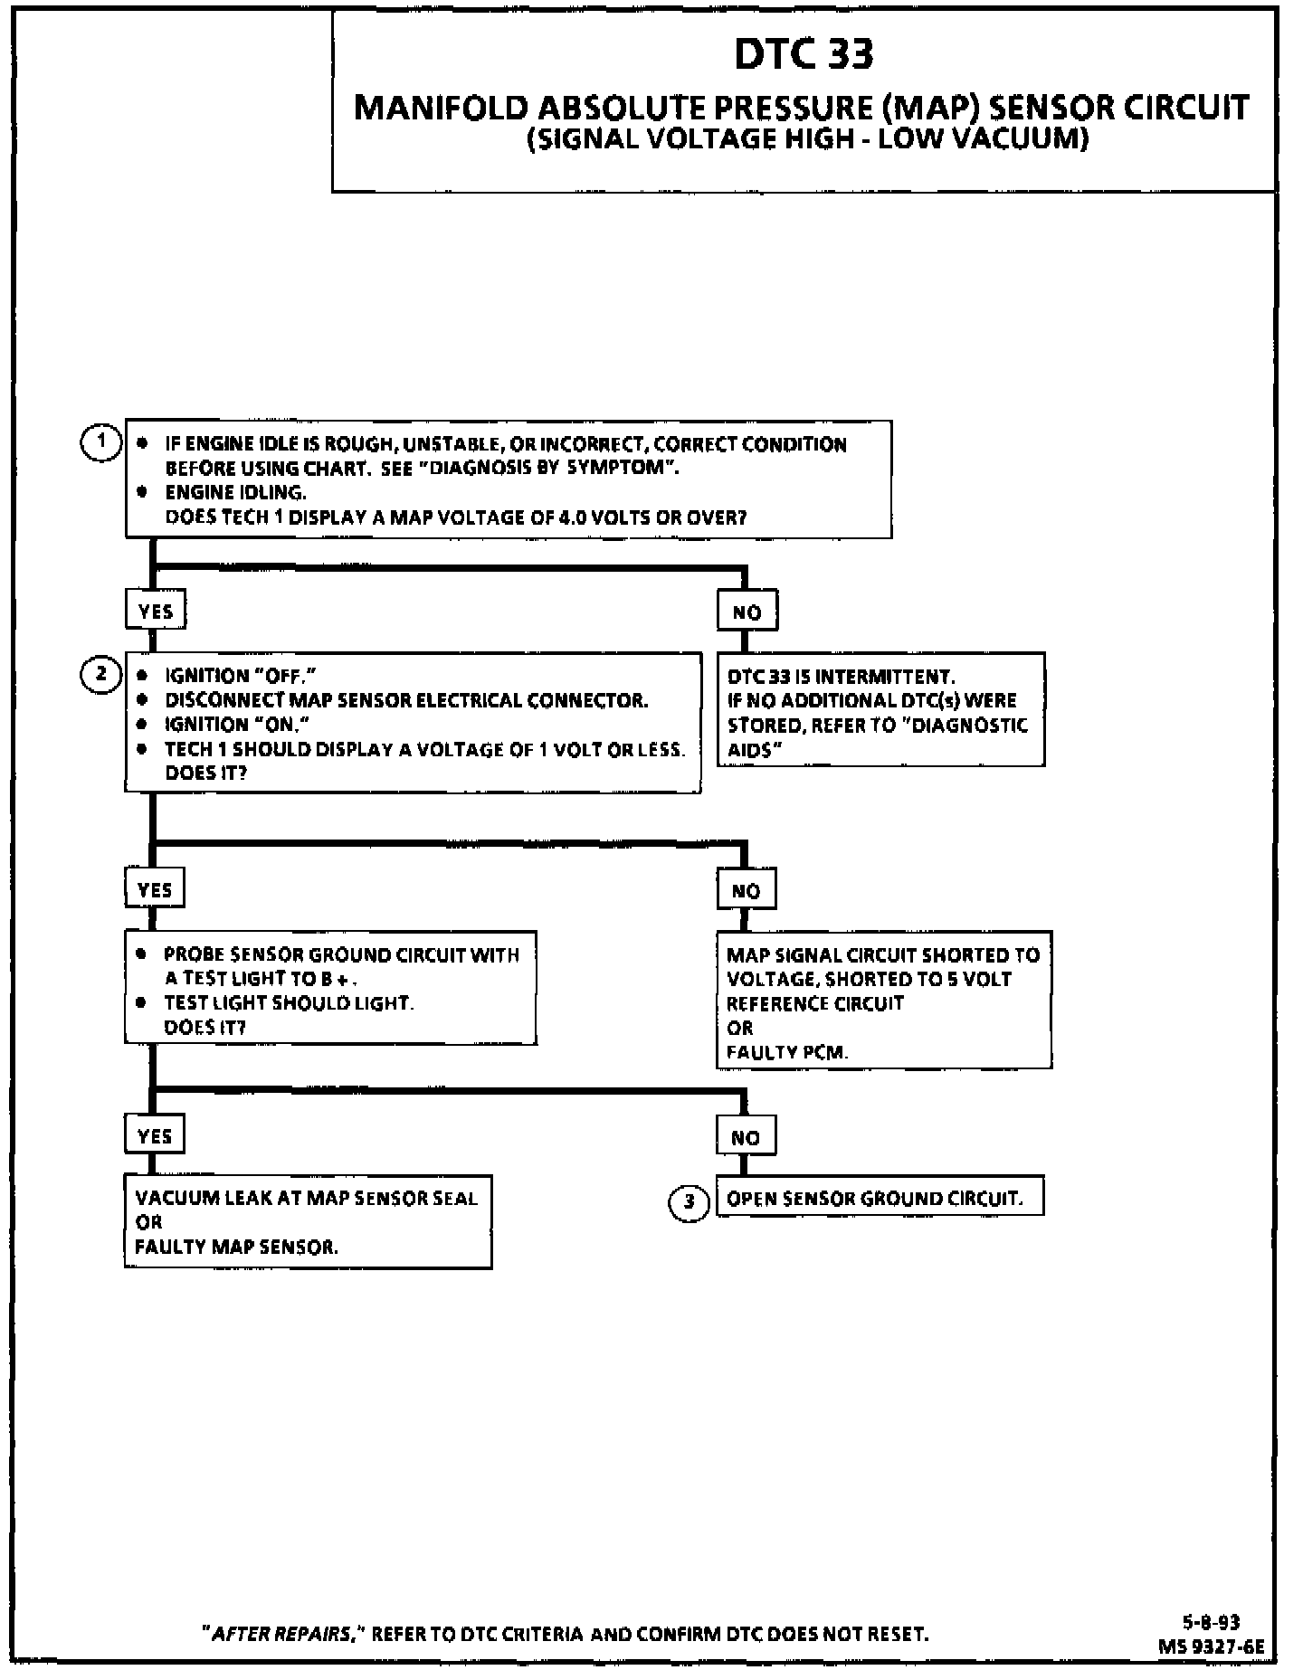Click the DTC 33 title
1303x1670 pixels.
coord(804,54)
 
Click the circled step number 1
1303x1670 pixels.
coord(100,442)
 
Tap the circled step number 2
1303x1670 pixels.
coord(100,674)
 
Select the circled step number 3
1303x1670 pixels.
coord(689,1201)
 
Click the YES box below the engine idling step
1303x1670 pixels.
coord(155,612)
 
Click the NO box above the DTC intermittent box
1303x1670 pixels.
coord(747,612)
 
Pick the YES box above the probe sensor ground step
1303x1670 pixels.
coord(155,890)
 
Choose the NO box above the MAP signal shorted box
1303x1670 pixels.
coord(746,891)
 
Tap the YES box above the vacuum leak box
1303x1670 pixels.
coord(155,1136)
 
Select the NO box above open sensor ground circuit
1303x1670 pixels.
coord(746,1138)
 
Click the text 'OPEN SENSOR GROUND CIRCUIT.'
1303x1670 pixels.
coord(875,1199)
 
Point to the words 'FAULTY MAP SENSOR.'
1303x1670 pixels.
coord(237,1247)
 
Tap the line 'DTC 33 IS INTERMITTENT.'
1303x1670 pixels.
coord(841,677)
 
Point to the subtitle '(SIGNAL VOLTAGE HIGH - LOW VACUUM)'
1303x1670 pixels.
coord(807,139)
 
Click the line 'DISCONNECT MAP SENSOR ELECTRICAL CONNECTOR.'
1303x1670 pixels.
coord(406,700)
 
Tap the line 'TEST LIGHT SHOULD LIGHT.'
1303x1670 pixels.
coord(289,1003)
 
